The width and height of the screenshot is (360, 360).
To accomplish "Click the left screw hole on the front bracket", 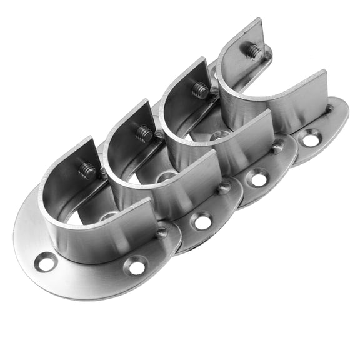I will (x=46, y=262).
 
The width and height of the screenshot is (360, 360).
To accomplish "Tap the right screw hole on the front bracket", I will (x=136, y=267).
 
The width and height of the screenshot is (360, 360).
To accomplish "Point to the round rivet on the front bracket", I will (x=162, y=233).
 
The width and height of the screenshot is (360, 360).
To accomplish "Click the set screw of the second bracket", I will (x=144, y=133).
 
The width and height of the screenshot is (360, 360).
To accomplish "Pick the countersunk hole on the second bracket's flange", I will (x=201, y=221).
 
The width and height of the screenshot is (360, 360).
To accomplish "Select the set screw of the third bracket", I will (x=200, y=91).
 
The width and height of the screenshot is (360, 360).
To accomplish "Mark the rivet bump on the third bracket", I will (x=277, y=147).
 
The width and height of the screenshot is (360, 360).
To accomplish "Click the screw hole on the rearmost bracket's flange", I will (x=311, y=139).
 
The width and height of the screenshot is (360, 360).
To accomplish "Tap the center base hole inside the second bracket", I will (x=166, y=177).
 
